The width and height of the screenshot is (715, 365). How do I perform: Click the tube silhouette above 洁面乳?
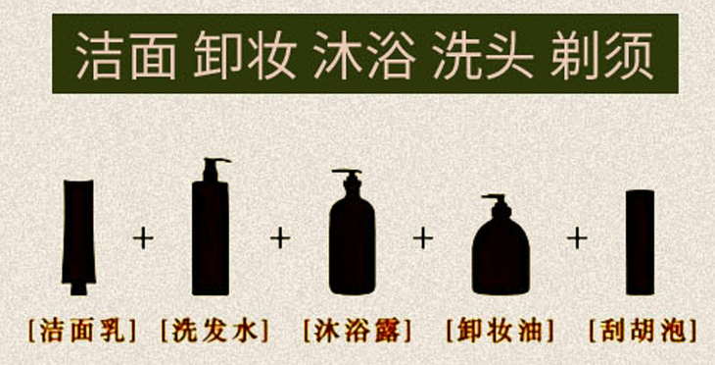[x=77, y=235]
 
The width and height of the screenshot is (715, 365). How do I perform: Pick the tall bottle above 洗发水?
[x=211, y=235]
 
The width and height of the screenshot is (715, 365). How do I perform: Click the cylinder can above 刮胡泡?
[x=639, y=240]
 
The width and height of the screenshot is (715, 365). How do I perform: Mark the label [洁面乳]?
[x=81, y=328]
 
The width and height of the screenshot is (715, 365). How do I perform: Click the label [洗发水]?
[x=214, y=328]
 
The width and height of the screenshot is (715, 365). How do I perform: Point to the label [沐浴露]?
[x=357, y=328]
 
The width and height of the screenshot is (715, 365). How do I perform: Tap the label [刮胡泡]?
[x=640, y=328]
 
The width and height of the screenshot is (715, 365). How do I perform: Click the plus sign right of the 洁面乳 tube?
[x=144, y=237]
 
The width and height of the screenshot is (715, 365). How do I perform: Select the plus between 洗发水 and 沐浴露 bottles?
[x=281, y=237]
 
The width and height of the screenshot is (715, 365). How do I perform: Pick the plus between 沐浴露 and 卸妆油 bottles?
[x=423, y=237]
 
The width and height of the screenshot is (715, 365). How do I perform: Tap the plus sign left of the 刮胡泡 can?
[x=577, y=237]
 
